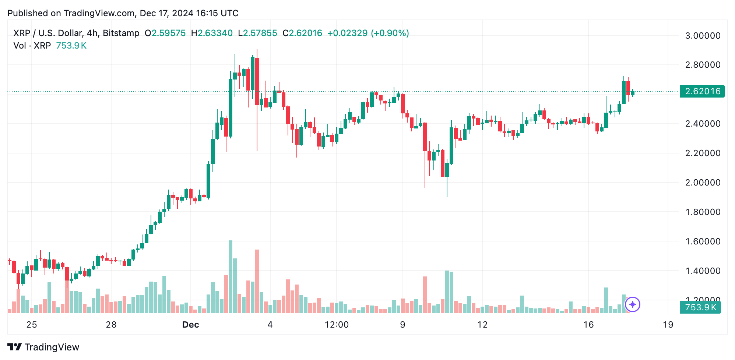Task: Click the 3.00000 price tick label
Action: pos(702,36)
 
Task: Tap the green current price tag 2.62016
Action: pos(702,91)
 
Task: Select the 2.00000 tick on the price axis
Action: pos(702,183)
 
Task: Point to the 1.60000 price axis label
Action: pos(702,241)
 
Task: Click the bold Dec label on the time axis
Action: pos(191,325)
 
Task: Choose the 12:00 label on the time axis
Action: pos(337,325)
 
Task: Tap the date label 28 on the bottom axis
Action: pos(111,325)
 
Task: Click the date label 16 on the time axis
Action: pos(588,325)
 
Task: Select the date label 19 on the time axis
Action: pos(668,325)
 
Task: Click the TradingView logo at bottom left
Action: pos(43,347)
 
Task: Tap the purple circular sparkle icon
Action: pos(633,304)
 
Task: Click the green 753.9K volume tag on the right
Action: pos(700,307)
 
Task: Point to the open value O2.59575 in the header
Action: pos(165,33)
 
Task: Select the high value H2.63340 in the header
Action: pos(212,33)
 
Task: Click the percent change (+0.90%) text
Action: pos(390,33)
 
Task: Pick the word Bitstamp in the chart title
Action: pos(121,33)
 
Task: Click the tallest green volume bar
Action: pos(231,277)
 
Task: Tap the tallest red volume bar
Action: pos(257,282)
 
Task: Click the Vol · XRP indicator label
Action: pos(32,46)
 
